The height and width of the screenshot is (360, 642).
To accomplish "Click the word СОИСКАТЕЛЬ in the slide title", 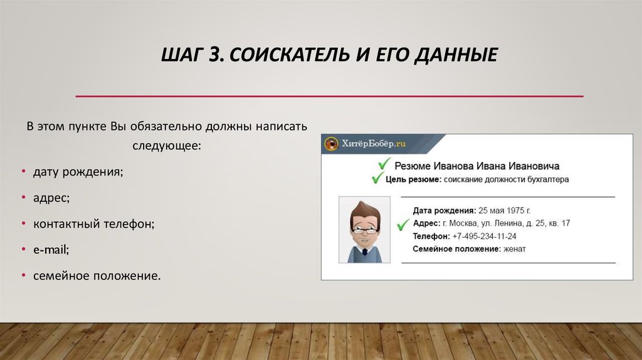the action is click(289, 55).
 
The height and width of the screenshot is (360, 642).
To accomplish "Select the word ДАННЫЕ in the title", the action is click(456, 55).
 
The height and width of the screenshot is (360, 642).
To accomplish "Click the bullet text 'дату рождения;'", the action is click(78, 172).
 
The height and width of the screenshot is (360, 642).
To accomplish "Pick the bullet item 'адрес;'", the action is click(51, 198).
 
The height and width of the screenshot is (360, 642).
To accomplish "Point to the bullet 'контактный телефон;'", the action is click(94, 224).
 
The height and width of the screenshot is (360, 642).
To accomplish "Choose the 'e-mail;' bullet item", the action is click(51, 250).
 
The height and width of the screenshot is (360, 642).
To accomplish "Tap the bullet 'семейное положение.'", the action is click(97, 275).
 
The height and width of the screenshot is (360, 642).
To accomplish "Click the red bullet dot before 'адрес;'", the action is click(24, 198).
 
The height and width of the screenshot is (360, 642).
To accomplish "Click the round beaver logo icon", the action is click(331, 144).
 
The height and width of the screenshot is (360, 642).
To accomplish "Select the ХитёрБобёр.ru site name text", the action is click(374, 144).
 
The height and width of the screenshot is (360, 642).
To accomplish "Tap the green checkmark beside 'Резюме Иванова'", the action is click(384, 164).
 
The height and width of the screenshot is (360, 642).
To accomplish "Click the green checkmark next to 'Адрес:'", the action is click(403, 225).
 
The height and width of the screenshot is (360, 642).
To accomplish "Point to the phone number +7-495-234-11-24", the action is click(485, 236).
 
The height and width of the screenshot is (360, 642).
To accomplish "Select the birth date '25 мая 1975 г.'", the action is click(505, 211).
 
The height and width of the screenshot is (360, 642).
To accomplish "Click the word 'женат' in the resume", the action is click(514, 249).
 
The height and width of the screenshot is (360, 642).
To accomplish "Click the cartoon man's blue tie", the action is click(365, 252).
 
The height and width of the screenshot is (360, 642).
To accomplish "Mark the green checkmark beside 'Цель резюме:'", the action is click(377, 177).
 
